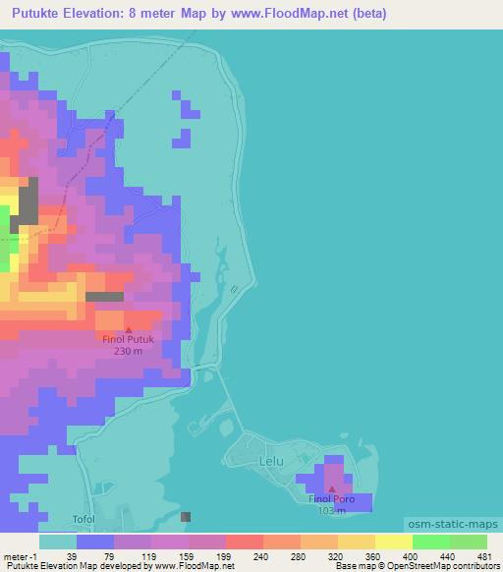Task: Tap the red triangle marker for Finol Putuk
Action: click(128, 329)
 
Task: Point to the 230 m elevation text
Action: click(128, 351)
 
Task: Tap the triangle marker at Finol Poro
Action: click(332, 488)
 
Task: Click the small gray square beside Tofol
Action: click(187, 516)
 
